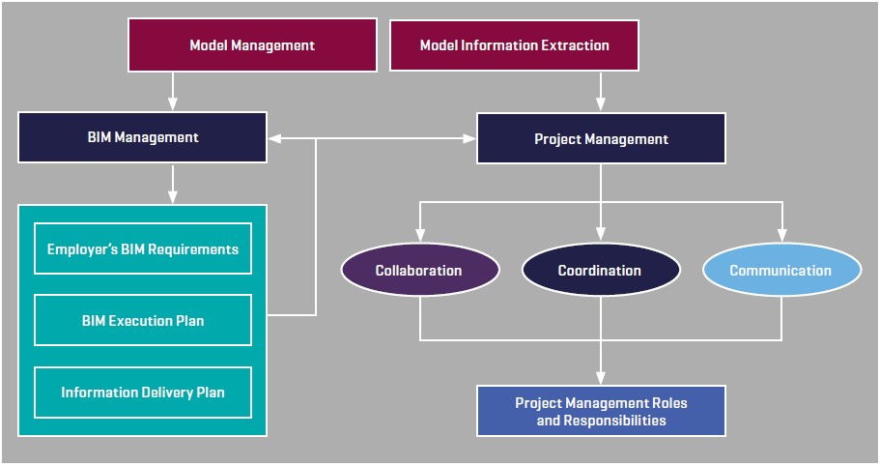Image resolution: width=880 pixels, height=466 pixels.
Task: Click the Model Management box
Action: (251, 45)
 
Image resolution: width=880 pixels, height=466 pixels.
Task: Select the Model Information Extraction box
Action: (514, 45)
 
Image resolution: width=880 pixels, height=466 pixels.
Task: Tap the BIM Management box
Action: (142, 137)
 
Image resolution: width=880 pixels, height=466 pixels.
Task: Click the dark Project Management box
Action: (601, 138)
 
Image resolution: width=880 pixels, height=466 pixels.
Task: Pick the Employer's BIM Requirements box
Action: (142, 248)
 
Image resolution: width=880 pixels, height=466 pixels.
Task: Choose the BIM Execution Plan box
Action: (142, 320)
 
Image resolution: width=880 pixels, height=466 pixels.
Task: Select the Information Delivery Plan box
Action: (142, 393)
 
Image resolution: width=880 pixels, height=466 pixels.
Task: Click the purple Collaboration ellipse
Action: (419, 271)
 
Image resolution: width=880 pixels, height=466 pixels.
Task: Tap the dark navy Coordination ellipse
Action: (600, 271)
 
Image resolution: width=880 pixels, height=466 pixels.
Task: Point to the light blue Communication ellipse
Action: (781, 271)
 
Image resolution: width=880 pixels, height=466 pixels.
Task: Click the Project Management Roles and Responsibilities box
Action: (601, 412)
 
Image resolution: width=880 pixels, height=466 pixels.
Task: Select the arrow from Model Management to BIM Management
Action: (173, 91)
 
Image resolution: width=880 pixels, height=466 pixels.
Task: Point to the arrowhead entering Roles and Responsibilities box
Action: (601, 377)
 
